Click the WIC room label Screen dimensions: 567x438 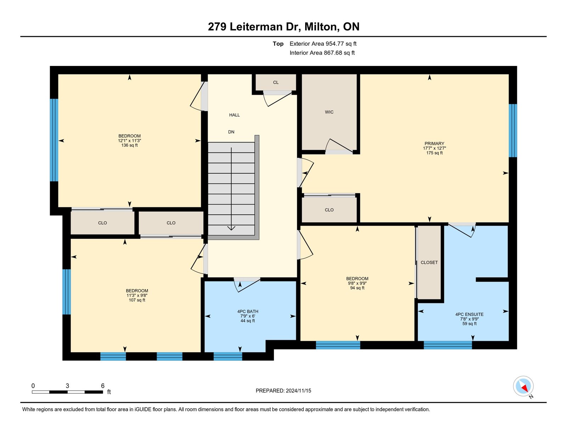(x=329, y=112)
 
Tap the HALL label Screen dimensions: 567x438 (x=234, y=115)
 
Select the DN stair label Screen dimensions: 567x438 (x=231, y=132)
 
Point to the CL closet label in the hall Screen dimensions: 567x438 (x=276, y=83)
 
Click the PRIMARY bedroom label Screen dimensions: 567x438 (x=434, y=144)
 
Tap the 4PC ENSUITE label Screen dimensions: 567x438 (x=470, y=314)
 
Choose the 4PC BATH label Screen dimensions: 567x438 (x=248, y=311)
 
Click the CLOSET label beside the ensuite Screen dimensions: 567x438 (x=429, y=263)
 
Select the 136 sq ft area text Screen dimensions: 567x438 (x=129, y=145)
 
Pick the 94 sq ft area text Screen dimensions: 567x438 (x=357, y=288)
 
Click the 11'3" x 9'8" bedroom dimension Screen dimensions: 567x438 (x=137, y=295)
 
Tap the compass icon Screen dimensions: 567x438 (x=523, y=386)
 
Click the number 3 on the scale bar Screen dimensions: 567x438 (x=67, y=386)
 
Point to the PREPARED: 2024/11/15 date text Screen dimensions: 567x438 (x=283, y=391)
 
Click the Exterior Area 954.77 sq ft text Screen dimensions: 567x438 (x=323, y=44)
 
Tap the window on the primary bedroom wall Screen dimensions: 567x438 (x=513, y=130)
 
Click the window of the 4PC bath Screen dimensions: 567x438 (x=228, y=356)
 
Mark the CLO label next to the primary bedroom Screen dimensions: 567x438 (x=329, y=210)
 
